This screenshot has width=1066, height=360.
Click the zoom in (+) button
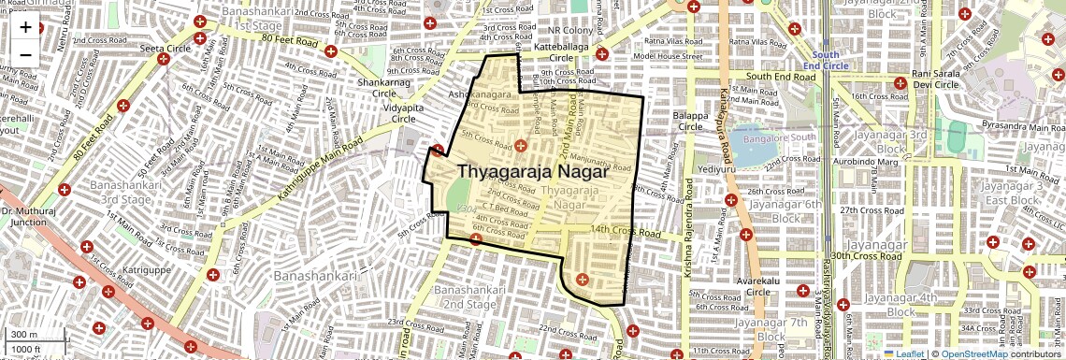[x=25, y=26]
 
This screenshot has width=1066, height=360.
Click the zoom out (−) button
[x=25, y=54]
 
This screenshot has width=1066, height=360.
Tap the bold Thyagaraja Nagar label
[x=533, y=173]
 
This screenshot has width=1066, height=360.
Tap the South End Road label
[x=781, y=76]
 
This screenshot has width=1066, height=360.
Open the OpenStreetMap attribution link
[x=975, y=353]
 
